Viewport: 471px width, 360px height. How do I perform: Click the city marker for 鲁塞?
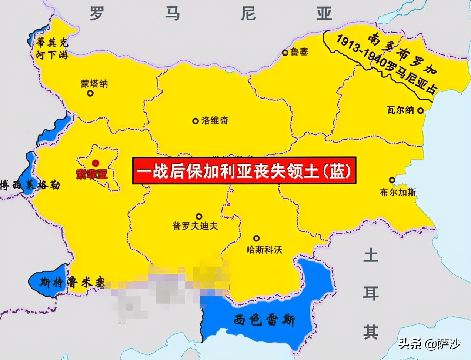click(x=285, y=53)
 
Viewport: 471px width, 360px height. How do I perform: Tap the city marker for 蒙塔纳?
click(x=90, y=93)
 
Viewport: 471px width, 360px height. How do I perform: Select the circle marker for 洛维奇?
click(x=195, y=121)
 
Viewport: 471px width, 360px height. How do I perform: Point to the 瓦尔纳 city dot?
click(x=420, y=110)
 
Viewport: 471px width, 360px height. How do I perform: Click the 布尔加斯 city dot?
click(x=392, y=180)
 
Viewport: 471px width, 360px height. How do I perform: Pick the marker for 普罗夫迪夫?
click(x=199, y=216)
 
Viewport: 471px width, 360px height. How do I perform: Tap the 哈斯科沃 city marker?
click(x=256, y=238)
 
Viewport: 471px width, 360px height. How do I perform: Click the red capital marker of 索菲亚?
click(x=96, y=163)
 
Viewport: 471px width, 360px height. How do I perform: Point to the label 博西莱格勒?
click(x=30, y=185)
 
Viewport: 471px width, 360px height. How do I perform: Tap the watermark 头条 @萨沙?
click(x=429, y=344)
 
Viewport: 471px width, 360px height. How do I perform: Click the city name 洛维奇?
click(x=215, y=121)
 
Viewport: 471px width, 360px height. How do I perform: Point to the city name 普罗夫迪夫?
click(x=195, y=226)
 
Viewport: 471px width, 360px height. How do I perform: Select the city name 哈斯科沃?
click(x=264, y=250)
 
